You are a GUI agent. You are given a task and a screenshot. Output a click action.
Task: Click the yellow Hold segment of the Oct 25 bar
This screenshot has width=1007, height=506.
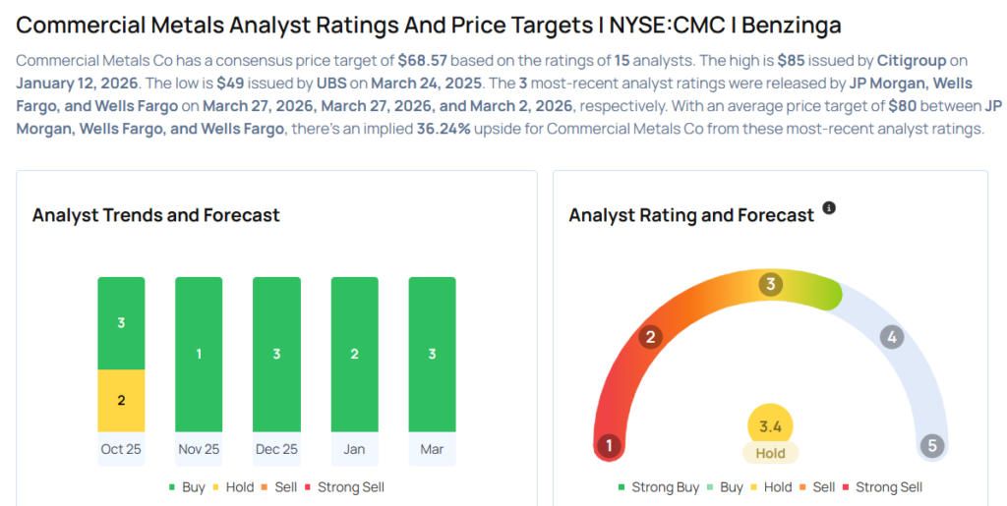[121, 400]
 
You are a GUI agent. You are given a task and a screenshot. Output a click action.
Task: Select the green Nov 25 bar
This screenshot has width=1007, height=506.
[199, 354]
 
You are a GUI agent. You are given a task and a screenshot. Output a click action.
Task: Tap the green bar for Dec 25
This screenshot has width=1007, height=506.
[276, 354]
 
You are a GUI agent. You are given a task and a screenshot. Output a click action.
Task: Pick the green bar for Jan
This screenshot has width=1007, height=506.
[354, 354]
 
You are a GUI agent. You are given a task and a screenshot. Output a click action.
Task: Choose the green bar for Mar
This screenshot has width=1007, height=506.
[432, 354]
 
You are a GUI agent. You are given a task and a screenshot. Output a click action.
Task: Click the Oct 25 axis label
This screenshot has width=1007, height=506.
[120, 449]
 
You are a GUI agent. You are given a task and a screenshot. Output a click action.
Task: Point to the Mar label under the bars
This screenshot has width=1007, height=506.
[432, 449]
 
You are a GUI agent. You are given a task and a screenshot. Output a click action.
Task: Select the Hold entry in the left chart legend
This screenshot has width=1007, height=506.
[232, 487]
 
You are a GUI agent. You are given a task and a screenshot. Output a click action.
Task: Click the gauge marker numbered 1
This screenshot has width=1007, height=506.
[609, 446]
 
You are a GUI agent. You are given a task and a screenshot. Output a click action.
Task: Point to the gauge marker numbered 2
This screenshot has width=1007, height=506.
[649, 338]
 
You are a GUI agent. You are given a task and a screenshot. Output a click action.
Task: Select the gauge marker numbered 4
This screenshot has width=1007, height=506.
[892, 338]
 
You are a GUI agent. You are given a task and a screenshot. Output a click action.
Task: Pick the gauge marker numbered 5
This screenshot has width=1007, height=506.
[931, 446]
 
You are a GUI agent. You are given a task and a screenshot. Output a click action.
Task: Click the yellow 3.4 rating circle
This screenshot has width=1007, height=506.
[770, 426]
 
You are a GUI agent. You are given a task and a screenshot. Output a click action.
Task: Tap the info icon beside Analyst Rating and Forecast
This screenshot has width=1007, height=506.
[829, 208]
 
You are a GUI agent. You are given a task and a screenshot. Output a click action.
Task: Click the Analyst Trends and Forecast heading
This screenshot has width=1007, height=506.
[155, 215]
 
